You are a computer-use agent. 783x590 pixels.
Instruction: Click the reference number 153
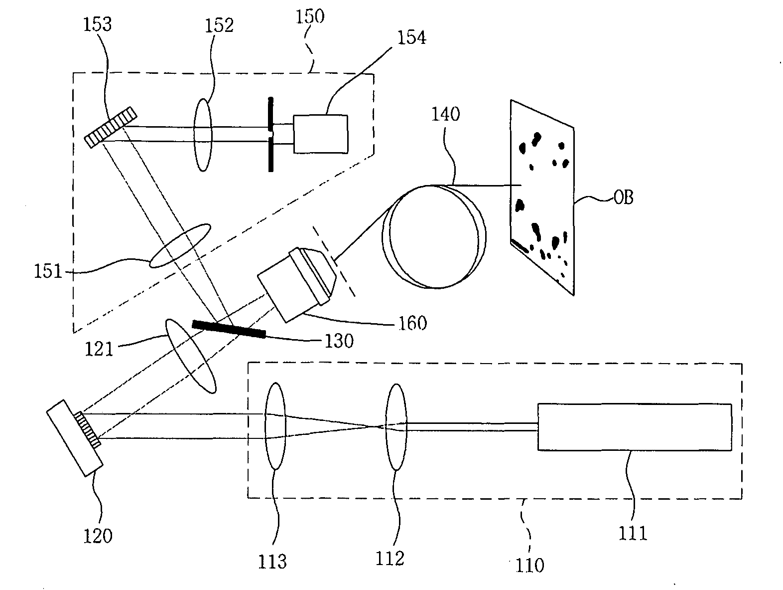tap(98, 24)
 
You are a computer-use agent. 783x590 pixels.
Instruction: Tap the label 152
tap(219, 25)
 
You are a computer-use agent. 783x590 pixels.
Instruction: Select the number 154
tap(411, 37)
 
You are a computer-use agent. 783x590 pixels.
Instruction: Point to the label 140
tap(446, 114)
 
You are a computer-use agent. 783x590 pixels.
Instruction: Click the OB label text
tap(623, 197)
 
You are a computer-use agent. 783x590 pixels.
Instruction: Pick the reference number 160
tap(412, 323)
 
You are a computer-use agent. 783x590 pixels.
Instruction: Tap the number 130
tap(339, 341)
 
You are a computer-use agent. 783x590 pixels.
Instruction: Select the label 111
tap(633, 534)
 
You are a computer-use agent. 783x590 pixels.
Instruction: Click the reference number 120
tap(98, 536)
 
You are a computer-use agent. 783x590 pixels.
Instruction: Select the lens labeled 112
tap(396, 427)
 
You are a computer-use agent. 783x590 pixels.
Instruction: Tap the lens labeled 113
tap(275, 426)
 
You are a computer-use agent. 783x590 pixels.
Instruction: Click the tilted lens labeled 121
tap(191, 357)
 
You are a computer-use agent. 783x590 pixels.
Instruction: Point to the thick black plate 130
tap(229, 329)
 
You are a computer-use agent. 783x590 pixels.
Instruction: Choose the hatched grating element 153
tap(111, 127)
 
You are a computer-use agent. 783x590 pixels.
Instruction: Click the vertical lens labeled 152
tap(203, 135)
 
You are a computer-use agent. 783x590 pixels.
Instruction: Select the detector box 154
tap(321, 134)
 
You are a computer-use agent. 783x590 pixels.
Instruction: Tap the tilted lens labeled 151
tap(180, 246)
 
